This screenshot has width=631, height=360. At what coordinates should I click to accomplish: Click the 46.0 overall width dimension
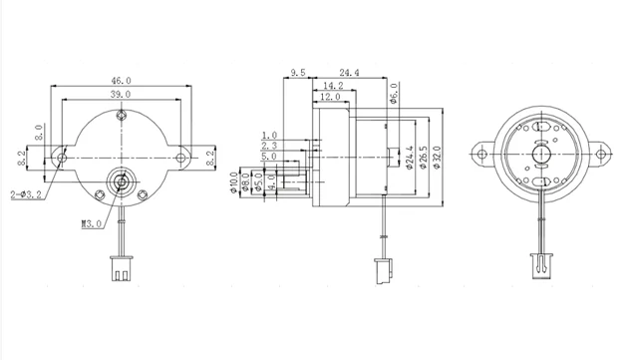(120, 80)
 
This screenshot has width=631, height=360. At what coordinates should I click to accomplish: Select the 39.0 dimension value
(120, 94)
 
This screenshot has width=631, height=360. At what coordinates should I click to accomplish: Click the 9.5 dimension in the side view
(297, 73)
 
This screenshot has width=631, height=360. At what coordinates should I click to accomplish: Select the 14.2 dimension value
(333, 87)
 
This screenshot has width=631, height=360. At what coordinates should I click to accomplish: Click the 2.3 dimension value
(269, 146)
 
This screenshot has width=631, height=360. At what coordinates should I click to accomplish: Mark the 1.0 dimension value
(269, 135)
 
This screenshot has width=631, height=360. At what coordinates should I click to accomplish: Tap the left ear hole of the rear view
(483, 153)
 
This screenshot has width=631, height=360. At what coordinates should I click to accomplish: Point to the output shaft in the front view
(121, 181)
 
